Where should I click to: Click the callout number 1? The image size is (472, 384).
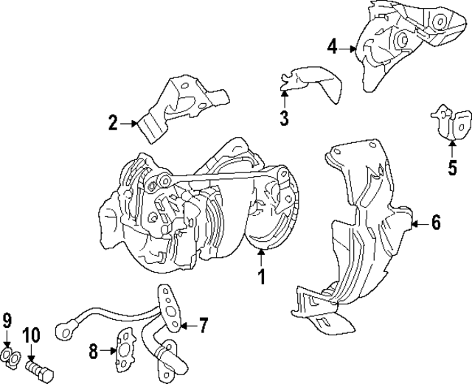(260, 278)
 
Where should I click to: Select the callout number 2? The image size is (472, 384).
(113, 123)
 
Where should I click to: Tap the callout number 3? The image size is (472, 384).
(285, 117)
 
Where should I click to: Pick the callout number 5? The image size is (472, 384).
(452, 167)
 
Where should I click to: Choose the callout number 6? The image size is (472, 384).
(436, 222)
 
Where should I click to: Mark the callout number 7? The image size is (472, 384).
(204, 324)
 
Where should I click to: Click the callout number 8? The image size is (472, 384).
(94, 352)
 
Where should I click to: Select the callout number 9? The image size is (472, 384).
(7, 321)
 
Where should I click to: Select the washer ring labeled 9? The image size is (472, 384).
(10, 358)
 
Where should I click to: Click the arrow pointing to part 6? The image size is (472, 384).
(417, 222)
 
